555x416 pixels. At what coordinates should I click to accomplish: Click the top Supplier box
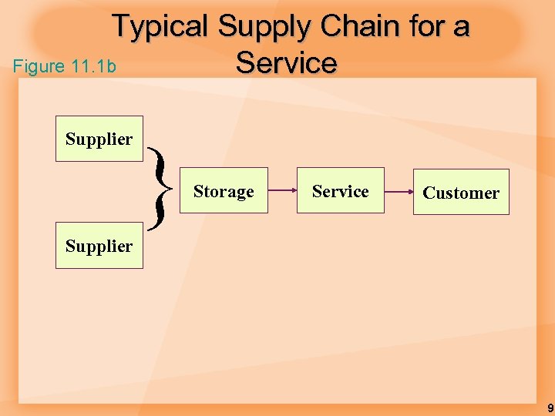coord(99,139)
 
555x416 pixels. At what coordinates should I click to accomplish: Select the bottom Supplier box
coord(99,246)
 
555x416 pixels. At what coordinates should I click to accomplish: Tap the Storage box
coord(224,190)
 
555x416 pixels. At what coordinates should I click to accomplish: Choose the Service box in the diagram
coord(340,190)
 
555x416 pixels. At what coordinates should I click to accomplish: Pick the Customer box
coord(461,192)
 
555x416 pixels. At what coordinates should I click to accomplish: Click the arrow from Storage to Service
coord(282,190)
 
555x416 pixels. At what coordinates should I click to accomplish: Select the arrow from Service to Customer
coord(398,190)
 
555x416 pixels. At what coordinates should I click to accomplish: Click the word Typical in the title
coord(160,28)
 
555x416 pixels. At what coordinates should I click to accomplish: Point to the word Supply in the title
coord(264,28)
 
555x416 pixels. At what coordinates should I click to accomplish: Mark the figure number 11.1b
coord(92,67)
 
